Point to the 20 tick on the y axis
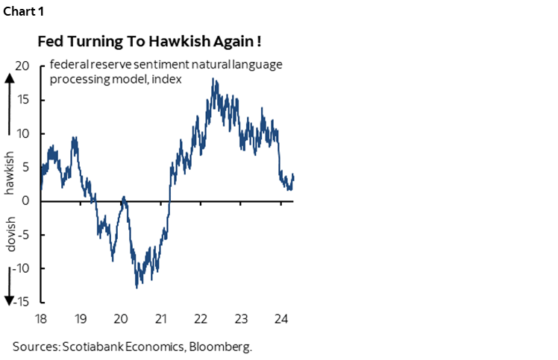[22, 66]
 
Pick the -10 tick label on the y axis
[20, 268]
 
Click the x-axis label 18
[41, 318]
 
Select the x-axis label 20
[122, 318]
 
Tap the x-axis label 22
[201, 318]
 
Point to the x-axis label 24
[280, 318]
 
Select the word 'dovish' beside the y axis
[10, 234]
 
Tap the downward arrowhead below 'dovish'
[10, 300]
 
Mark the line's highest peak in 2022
[214, 79]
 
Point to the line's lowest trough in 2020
[137, 287]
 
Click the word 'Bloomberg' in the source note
[231, 347]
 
